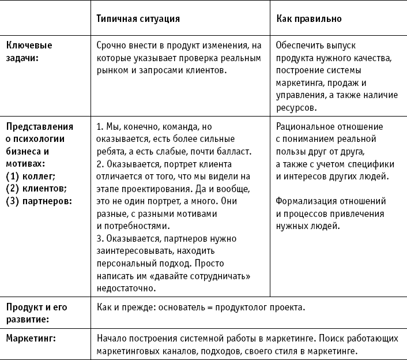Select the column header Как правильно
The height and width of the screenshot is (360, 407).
click(x=309, y=18)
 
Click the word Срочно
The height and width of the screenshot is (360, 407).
click(x=111, y=45)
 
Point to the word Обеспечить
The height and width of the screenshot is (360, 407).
click(x=300, y=45)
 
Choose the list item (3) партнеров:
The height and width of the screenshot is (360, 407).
click(x=39, y=201)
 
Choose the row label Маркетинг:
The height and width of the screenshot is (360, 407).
click(x=31, y=338)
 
